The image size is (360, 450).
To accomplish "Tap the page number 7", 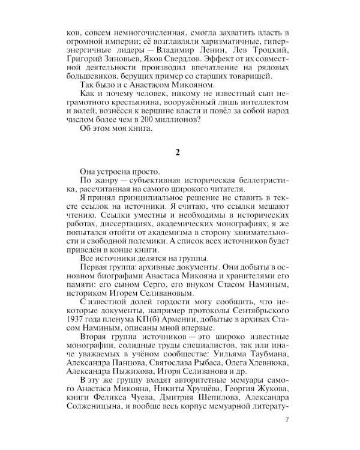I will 288,418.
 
